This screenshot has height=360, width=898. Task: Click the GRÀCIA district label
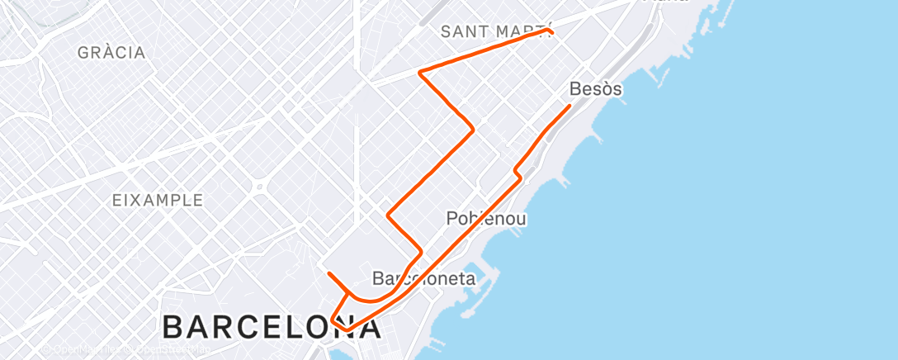click(x=111, y=53)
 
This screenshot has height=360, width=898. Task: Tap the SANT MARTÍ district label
click(x=494, y=31)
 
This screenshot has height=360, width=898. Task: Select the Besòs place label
click(x=595, y=88)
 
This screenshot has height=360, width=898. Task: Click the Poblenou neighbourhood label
click(x=486, y=219)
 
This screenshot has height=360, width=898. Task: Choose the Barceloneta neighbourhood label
click(x=423, y=278)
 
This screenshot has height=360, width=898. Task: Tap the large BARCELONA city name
click(x=272, y=327)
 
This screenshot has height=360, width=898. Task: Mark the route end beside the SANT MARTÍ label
click(x=550, y=31)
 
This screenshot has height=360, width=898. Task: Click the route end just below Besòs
click(x=570, y=106)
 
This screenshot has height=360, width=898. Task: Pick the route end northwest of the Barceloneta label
click(x=328, y=272)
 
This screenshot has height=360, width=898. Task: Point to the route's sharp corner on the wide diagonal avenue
click(x=420, y=73)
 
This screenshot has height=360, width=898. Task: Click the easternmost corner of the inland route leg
click(x=472, y=129)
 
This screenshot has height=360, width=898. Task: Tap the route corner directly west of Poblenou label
click(x=388, y=216)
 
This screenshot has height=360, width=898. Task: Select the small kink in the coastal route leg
click(x=518, y=174)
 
